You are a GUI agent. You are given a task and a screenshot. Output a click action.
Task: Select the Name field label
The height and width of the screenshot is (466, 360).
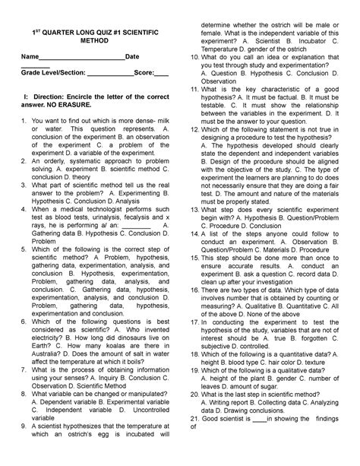coord(30,58)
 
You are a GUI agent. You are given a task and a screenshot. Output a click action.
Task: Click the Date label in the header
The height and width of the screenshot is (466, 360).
coord(132,58)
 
